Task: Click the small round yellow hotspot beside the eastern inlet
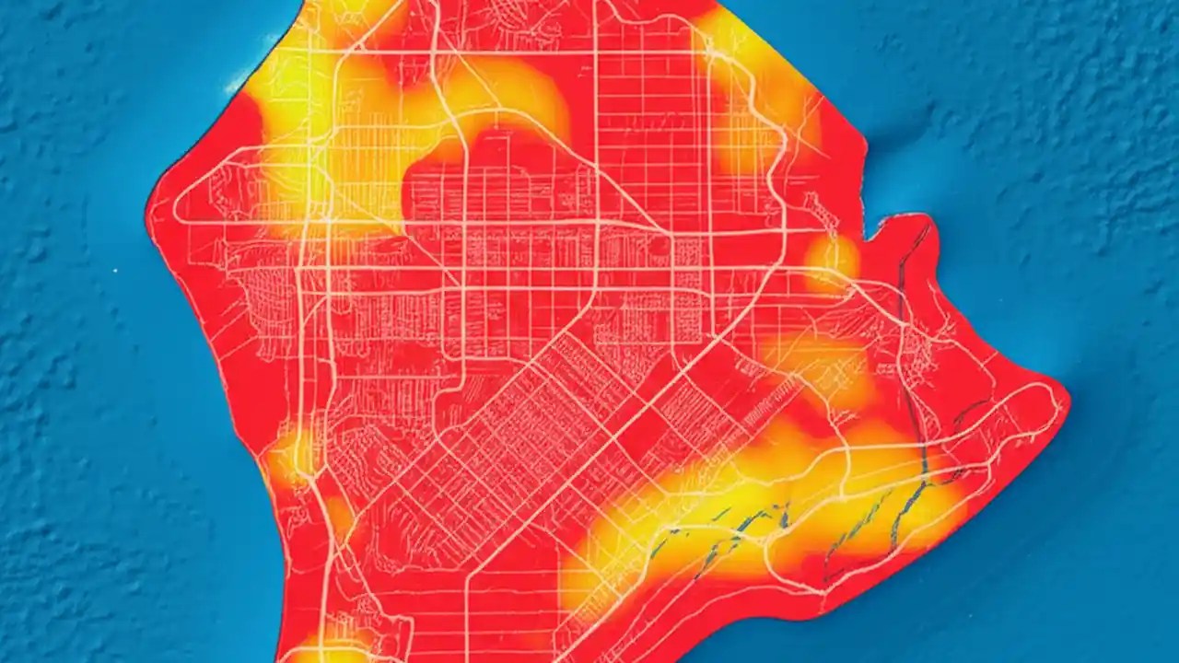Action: tap(830, 259)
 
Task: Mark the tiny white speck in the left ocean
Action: tap(115, 270)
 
